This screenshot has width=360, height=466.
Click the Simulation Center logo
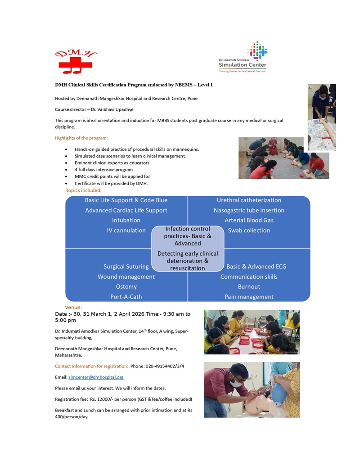click(x=243, y=57)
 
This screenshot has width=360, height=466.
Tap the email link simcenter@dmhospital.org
click(x=96, y=377)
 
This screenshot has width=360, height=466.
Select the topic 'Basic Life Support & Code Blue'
click(x=126, y=200)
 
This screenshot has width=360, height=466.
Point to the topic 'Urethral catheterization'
click(x=249, y=200)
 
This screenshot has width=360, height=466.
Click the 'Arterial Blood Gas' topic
click(x=249, y=220)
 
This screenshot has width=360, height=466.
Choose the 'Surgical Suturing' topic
click(x=126, y=267)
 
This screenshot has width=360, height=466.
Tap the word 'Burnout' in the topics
click(x=249, y=287)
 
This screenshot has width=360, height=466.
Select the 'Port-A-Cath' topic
click(x=126, y=297)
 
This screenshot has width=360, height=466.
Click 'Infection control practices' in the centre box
click(x=188, y=232)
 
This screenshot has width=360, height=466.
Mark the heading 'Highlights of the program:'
click(x=81, y=138)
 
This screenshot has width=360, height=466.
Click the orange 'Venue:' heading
click(x=73, y=308)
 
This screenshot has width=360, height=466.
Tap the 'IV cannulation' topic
click(x=126, y=231)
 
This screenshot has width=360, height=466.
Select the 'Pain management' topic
click(x=249, y=297)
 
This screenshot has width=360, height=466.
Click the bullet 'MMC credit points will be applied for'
click(x=112, y=176)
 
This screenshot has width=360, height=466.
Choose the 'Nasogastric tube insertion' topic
click(x=249, y=210)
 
